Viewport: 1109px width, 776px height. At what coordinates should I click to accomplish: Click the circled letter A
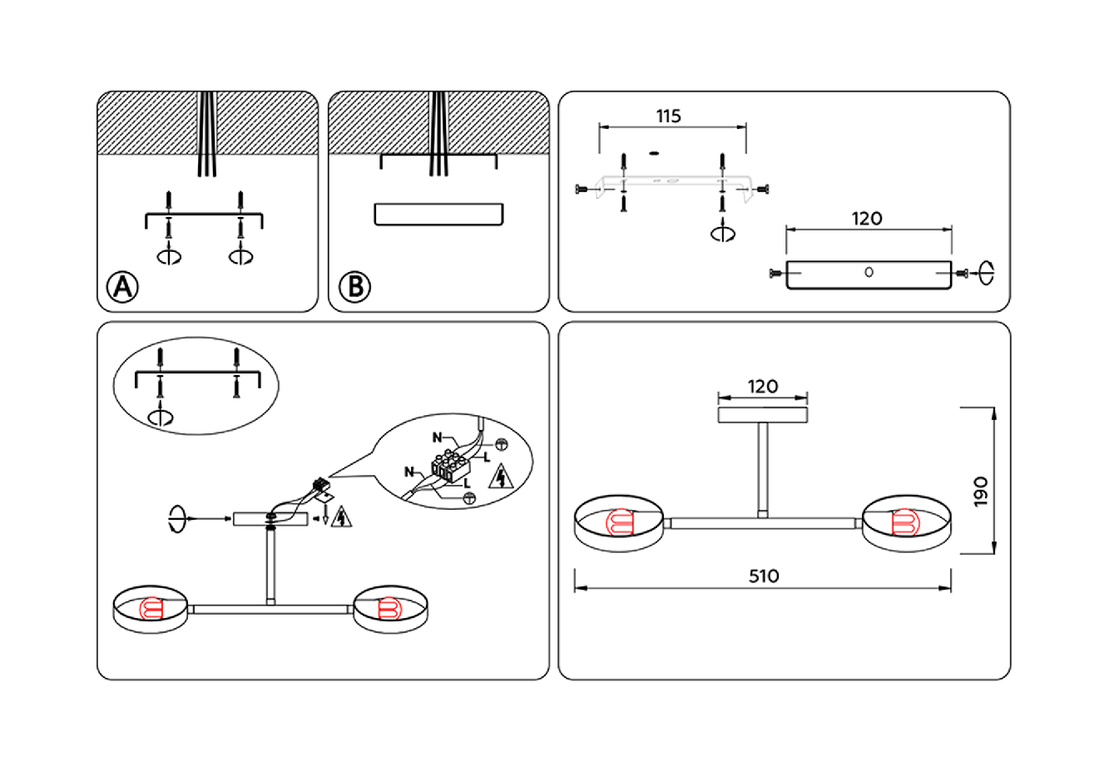click(x=122, y=287)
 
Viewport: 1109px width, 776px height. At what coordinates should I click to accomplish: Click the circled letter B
click(x=354, y=287)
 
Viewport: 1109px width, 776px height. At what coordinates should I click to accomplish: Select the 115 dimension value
click(x=668, y=116)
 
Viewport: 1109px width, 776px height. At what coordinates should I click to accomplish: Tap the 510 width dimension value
click(x=763, y=576)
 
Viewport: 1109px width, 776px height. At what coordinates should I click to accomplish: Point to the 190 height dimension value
click(x=981, y=492)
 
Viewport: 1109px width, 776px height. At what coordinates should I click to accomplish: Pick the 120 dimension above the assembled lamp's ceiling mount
click(x=762, y=387)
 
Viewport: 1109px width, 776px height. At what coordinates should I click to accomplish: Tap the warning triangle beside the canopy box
click(x=341, y=517)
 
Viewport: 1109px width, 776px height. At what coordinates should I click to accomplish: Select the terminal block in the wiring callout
click(x=449, y=467)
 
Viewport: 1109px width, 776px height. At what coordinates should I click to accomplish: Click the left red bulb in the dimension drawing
click(x=620, y=523)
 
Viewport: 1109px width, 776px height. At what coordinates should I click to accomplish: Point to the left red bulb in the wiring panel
click(x=152, y=610)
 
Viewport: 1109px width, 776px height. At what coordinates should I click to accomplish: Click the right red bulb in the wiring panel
click(x=389, y=610)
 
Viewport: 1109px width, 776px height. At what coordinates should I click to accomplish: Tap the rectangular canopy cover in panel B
click(x=438, y=214)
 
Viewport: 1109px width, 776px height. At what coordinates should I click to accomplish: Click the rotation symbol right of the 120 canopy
click(x=986, y=272)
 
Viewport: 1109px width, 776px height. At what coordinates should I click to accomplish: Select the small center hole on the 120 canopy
click(x=869, y=272)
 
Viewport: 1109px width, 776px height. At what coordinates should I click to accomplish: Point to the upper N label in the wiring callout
click(x=437, y=437)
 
